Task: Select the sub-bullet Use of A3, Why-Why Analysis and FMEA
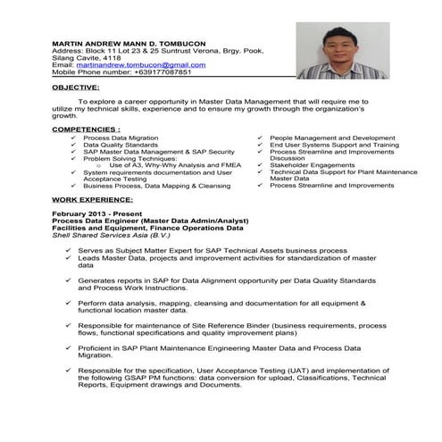point(160,165)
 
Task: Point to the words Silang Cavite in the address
point(72,58)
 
